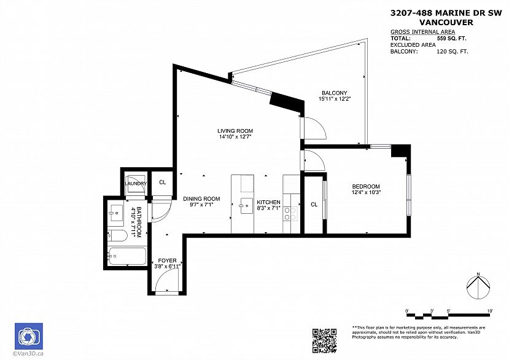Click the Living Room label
point(235,131)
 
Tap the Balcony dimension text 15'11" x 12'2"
point(334,99)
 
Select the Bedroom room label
point(365,187)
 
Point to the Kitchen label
point(268,202)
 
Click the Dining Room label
point(201,198)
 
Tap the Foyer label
point(167,260)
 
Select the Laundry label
point(136,184)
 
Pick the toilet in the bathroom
point(118,235)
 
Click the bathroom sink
point(115,214)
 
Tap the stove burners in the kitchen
point(291,214)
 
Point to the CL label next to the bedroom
point(313,204)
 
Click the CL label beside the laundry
point(162,182)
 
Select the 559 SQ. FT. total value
point(451,38)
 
